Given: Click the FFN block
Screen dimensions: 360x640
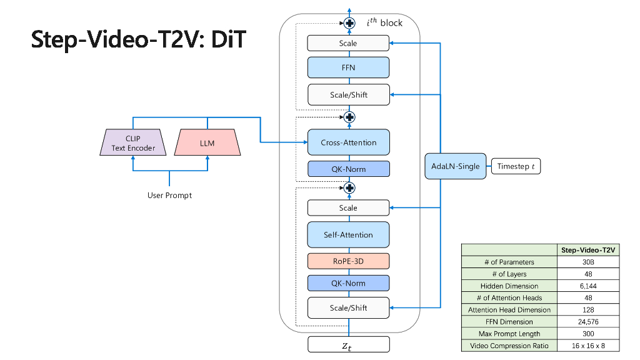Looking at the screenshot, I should click(348, 67).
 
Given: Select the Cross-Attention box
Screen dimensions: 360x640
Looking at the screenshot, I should click(348, 142).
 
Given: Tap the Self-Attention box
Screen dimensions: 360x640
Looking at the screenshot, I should click(348, 235).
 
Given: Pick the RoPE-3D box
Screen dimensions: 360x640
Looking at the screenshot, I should click(348, 261).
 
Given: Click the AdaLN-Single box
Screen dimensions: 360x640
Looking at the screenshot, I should click(456, 166).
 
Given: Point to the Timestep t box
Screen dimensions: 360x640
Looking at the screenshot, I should click(516, 166).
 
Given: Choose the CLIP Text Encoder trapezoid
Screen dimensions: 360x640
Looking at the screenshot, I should click(132, 143).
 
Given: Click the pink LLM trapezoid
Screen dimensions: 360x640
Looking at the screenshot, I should click(207, 143).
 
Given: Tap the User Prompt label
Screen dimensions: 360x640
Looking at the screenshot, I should click(169, 196).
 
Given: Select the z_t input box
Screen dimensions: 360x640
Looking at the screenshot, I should click(348, 344).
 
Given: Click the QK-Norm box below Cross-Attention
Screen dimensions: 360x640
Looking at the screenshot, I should click(348, 169).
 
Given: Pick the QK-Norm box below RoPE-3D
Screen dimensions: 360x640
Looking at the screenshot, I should click(348, 283).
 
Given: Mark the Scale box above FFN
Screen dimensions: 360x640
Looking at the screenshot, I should click(348, 43).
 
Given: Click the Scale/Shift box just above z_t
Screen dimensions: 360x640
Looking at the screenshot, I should click(348, 307).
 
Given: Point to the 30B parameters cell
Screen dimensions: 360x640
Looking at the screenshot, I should click(587, 262).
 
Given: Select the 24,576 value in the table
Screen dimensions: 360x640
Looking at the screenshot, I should click(587, 322).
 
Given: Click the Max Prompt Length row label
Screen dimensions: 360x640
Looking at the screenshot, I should click(509, 334).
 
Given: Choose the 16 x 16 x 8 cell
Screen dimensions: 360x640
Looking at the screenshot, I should click(587, 346).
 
